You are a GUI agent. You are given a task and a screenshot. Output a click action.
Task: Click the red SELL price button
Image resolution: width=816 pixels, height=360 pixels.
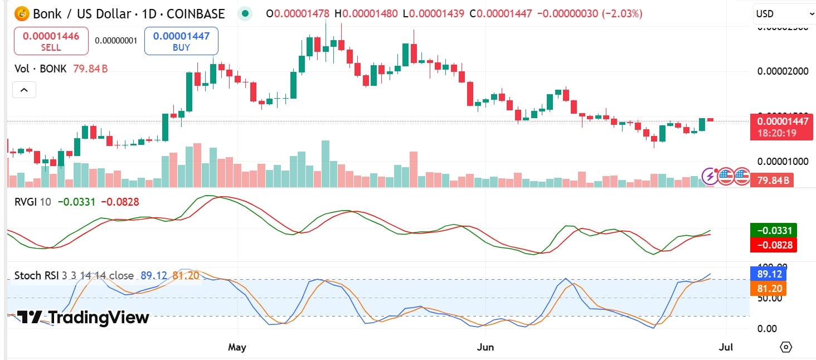(51, 41)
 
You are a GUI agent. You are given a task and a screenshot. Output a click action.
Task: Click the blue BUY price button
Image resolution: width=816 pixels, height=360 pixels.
(181, 41)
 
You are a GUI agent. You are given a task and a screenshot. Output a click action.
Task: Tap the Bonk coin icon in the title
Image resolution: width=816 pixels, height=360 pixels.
(22, 13)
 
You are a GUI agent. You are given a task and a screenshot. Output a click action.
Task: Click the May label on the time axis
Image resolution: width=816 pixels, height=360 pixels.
(237, 347)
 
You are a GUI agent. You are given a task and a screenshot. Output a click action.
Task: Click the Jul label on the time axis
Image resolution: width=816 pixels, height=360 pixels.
(726, 347)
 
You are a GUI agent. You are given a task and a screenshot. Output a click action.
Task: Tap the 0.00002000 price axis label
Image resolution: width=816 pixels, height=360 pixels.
(783, 71)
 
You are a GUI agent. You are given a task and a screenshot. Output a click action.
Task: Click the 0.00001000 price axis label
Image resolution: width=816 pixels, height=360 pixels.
(783, 162)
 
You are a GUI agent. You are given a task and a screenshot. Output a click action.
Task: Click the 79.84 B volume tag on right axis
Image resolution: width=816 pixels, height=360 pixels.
(772, 180)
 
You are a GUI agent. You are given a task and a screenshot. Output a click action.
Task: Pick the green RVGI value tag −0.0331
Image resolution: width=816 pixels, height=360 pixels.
(774, 230)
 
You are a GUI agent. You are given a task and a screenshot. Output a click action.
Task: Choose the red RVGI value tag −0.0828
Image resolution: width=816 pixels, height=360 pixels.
(774, 245)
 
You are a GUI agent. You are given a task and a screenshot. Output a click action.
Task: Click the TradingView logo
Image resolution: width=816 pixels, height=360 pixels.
(83, 318)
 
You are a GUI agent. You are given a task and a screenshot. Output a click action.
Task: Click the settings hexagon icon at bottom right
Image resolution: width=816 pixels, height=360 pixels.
(786, 347)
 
